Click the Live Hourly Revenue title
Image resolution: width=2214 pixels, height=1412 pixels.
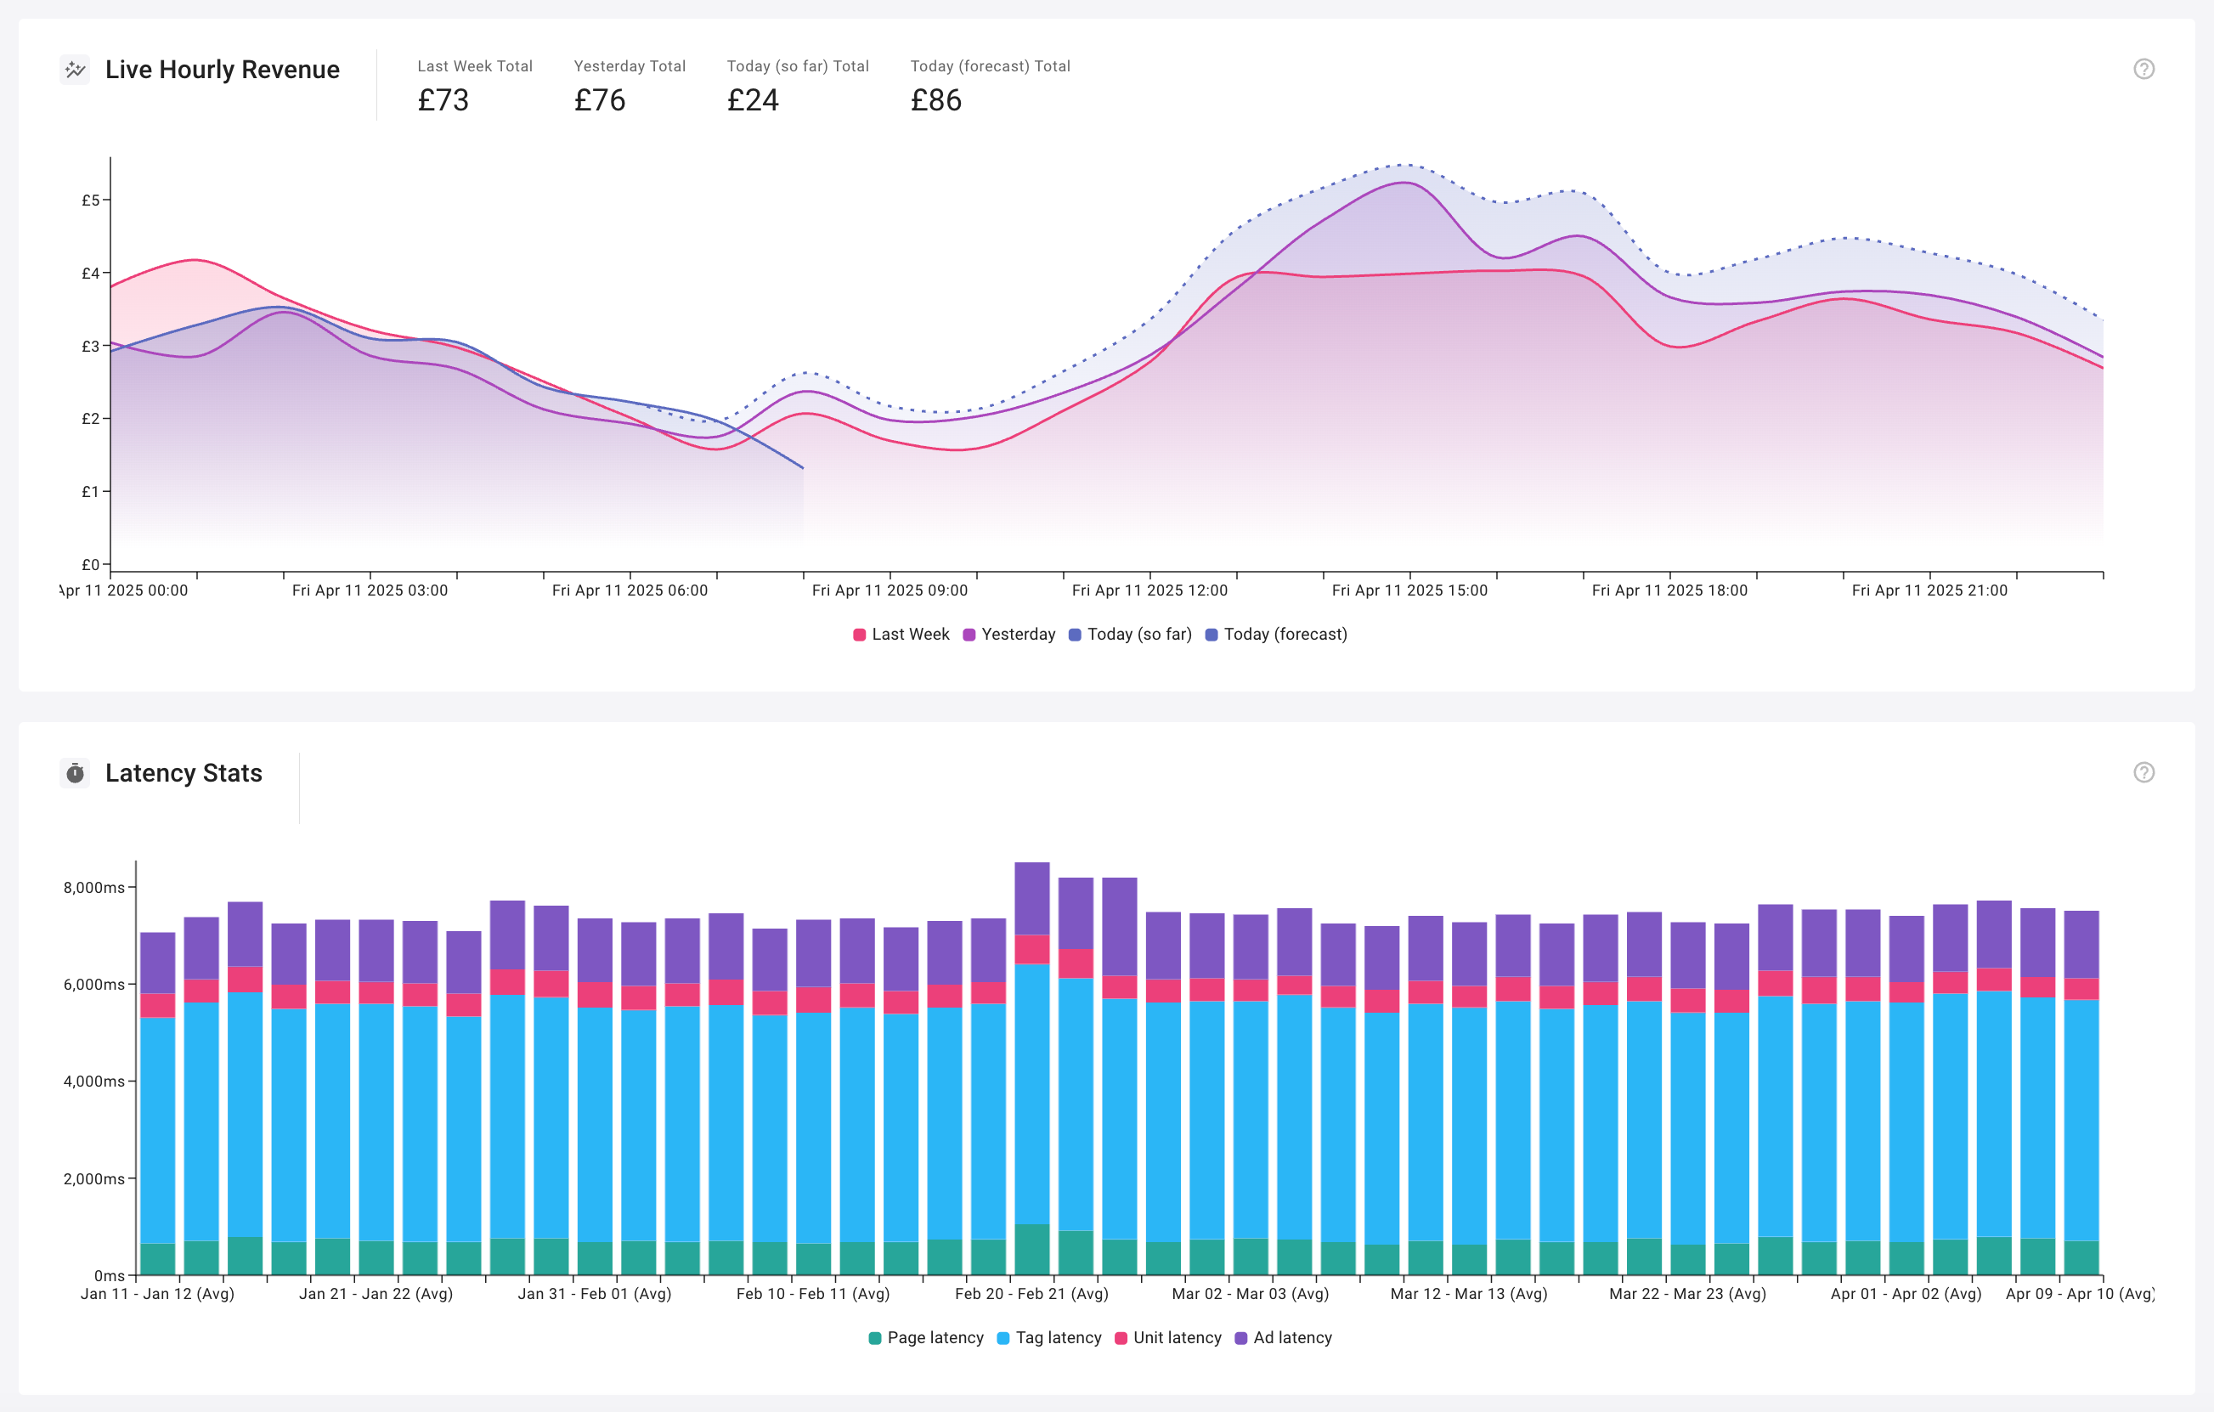pyautogui.click(x=222, y=70)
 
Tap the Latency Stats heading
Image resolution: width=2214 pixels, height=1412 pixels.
pyautogui.click(x=183, y=773)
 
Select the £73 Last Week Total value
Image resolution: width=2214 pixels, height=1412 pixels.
pyautogui.click(x=443, y=99)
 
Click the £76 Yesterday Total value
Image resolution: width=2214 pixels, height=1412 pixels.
pyautogui.click(x=600, y=99)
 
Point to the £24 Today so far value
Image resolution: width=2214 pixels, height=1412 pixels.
pyautogui.click(x=753, y=99)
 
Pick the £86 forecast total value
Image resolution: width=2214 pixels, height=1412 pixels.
pyautogui.click(x=936, y=99)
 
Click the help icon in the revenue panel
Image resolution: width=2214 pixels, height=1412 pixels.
pyautogui.click(x=2143, y=69)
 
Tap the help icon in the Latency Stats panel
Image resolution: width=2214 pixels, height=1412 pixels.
pyautogui.click(x=2143, y=772)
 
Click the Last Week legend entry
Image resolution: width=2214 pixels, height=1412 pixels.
pyautogui.click(x=901, y=635)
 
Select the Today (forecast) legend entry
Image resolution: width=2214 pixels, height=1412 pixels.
pyautogui.click(x=1276, y=635)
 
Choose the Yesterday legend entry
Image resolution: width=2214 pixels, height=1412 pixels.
pyautogui.click(x=1008, y=635)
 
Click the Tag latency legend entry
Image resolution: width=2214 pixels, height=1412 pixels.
pyautogui.click(x=1049, y=1337)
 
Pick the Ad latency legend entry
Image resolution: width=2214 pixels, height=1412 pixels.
pyautogui.click(x=1284, y=1337)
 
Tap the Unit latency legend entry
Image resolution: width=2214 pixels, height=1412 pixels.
pyautogui.click(x=1167, y=1337)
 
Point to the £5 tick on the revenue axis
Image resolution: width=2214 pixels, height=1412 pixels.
pyautogui.click(x=91, y=200)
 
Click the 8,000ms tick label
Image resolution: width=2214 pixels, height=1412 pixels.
pyautogui.click(x=93, y=887)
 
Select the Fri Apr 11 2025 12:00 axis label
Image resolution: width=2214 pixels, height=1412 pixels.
pyautogui.click(x=1149, y=590)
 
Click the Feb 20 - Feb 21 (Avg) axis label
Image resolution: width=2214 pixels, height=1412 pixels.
pyautogui.click(x=1031, y=1293)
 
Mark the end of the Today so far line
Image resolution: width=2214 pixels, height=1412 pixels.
pyautogui.click(x=803, y=468)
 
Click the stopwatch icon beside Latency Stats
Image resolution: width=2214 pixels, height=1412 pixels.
pyautogui.click(x=76, y=773)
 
